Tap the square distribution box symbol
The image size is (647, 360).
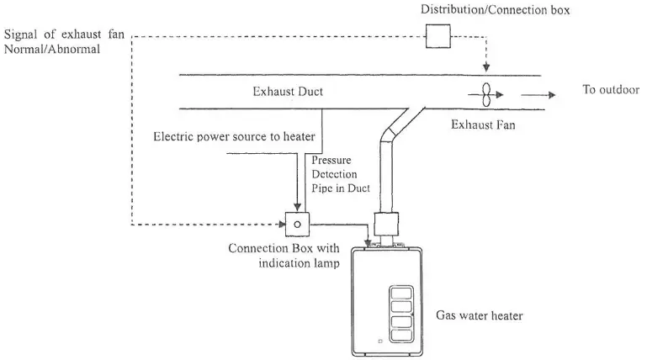[x=438, y=36]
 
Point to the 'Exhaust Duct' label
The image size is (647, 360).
[x=288, y=91]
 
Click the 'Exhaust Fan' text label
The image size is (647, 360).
[x=482, y=124]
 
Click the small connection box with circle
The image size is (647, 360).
[x=297, y=224]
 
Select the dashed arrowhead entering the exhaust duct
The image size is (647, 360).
[x=485, y=68]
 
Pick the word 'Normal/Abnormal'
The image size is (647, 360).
[x=51, y=50]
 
